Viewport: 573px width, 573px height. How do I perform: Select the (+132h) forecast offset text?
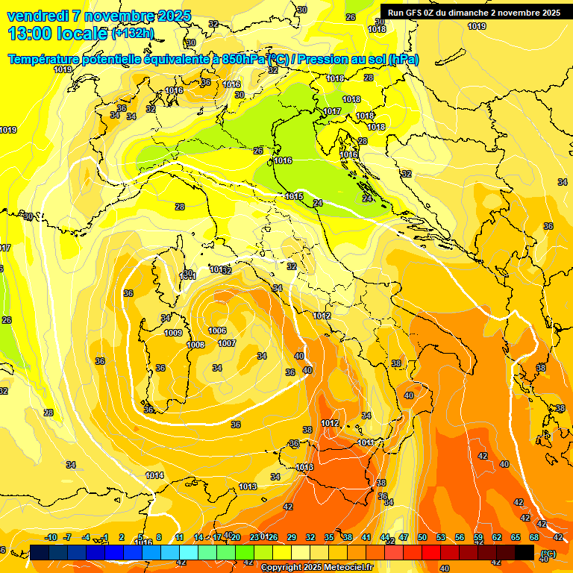pos(132,34)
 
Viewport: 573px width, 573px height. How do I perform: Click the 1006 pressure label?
pos(217,331)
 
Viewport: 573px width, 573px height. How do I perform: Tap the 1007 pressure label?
pos(227,343)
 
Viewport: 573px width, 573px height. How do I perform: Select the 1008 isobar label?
pos(195,345)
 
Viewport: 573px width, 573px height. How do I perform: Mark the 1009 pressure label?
pos(173,333)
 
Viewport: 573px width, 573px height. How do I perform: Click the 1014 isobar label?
pos(154,475)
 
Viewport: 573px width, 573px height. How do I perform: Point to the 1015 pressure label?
pos(294,196)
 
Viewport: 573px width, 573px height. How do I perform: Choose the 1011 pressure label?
pos(366,442)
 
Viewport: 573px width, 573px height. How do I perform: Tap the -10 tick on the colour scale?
pos(51,537)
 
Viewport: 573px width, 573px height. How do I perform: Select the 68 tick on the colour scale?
pos(534,537)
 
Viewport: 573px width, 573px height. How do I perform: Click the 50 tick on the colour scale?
pos(422,537)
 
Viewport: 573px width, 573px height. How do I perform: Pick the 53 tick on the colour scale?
pos(441,537)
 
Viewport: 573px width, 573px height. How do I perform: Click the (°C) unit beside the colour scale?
pos(548,553)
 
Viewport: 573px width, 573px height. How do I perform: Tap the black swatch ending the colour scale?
pos(525,552)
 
